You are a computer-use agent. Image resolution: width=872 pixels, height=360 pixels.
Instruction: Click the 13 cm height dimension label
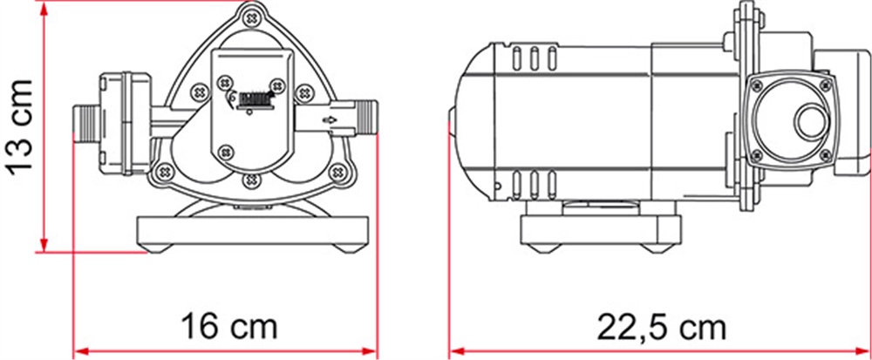(21, 127)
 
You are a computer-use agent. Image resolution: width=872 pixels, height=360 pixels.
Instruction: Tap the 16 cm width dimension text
(228, 327)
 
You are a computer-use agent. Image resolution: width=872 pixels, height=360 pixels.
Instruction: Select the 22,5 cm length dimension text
(661, 328)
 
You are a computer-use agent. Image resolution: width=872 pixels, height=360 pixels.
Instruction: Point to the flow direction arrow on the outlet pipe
(330, 119)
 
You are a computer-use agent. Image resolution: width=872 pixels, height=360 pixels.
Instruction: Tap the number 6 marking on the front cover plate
(232, 98)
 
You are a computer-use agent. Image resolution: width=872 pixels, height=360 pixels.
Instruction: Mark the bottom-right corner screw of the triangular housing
(336, 173)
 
